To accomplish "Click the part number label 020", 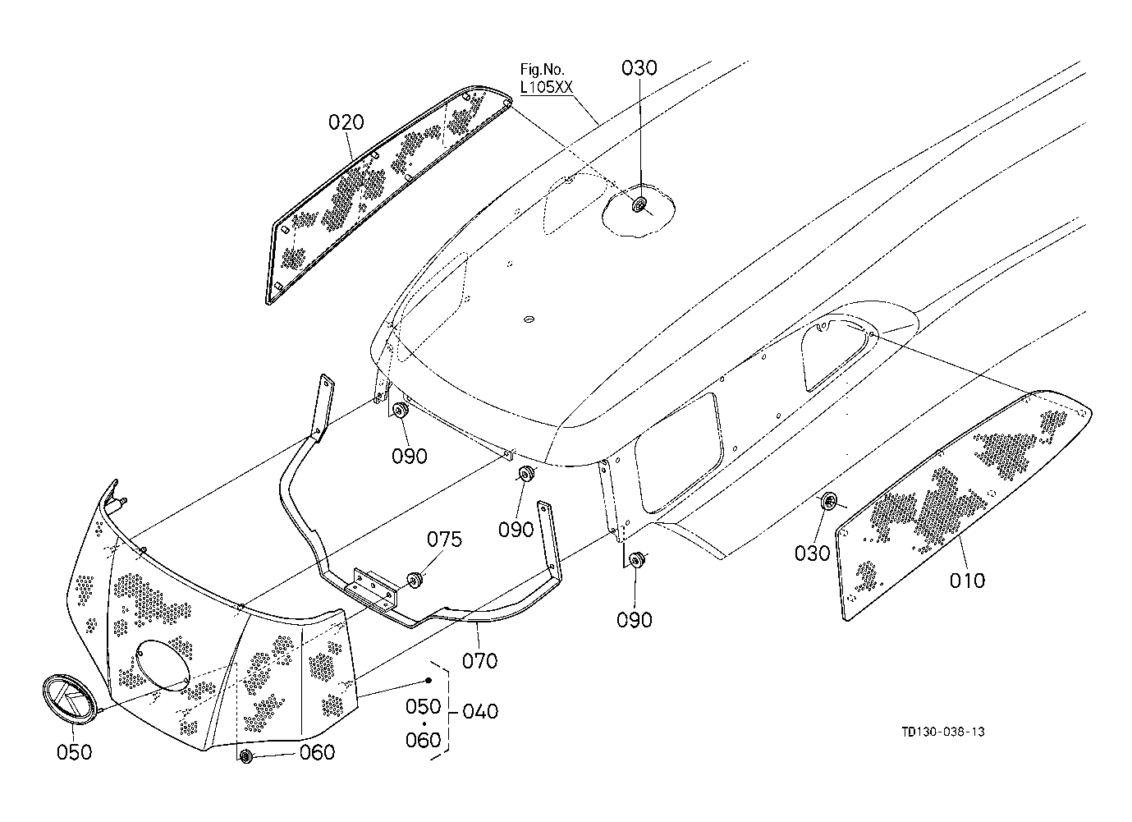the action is tap(346, 122).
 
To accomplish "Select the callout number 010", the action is tap(967, 581).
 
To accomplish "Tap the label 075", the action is tap(444, 540).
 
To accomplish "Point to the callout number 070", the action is tap(479, 661).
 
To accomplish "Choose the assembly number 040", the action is tap(480, 711).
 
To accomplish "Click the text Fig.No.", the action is tap(543, 69).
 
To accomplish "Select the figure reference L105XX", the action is tap(546, 88).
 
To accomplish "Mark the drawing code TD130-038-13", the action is tap(943, 732).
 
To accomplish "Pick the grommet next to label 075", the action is tap(415, 580).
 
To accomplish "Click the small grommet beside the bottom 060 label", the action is tap(246, 757).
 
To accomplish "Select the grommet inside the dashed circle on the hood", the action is tap(639, 205).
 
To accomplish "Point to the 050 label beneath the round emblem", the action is tap(74, 752).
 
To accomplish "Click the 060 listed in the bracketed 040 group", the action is tap(423, 740).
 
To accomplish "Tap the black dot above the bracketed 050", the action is tap(429, 680).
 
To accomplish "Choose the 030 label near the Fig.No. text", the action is tap(639, 67).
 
